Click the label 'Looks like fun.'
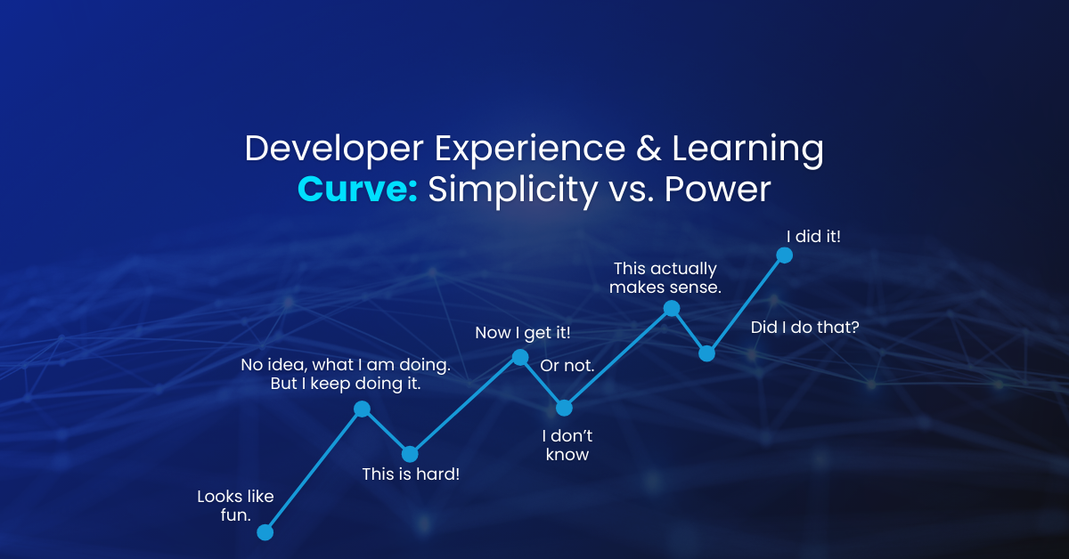[235, 505]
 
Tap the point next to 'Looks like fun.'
[265, 532]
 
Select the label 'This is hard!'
[411, 474]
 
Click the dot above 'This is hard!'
[410, 454]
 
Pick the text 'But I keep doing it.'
[346, 385]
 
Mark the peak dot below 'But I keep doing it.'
[362, 409]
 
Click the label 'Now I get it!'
[523, 333]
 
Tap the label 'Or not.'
[567, 366]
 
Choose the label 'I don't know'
[567, 445]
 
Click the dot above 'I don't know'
[564, 408]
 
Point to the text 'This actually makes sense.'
[665, 278]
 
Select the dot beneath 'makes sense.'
[672, 308]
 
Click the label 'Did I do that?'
[804, 328]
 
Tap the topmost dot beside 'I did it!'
[784, 255]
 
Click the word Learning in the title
[747, 149]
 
